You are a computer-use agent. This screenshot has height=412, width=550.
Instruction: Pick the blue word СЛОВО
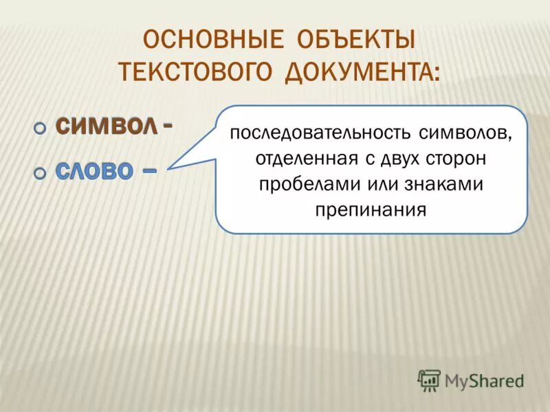tap(93, 172)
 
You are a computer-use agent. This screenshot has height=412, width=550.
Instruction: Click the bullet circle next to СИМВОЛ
tap(40, 128)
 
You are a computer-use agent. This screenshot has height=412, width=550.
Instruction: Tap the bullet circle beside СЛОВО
tap(40, 174)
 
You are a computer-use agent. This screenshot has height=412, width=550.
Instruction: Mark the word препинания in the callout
tap(371, 209)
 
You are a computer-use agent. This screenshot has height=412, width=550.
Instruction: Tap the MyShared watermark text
tap(484, 380)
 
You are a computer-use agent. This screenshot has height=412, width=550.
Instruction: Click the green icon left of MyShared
tap(429, 380)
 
